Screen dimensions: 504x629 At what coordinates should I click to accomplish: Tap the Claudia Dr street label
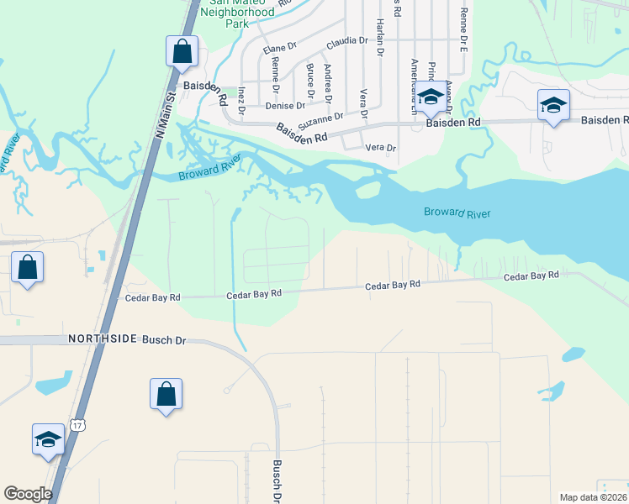(347, 40)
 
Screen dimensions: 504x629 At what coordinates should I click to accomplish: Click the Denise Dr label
(284, 106)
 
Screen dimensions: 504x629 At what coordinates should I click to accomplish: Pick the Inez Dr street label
(241, 98)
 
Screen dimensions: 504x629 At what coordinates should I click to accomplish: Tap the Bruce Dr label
(310, 77)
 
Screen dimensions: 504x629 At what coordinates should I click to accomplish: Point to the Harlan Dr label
(380, 38)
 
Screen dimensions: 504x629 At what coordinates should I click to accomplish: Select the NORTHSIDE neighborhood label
(102, 339)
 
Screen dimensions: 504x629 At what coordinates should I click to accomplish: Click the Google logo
(28, 494)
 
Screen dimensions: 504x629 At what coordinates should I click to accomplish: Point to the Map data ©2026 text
(594, 497)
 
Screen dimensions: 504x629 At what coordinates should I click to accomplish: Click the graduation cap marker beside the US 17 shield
(48, 438)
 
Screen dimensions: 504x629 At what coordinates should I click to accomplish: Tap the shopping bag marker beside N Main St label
(182, 52)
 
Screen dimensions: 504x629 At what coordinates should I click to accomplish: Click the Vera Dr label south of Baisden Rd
(380, 148)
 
